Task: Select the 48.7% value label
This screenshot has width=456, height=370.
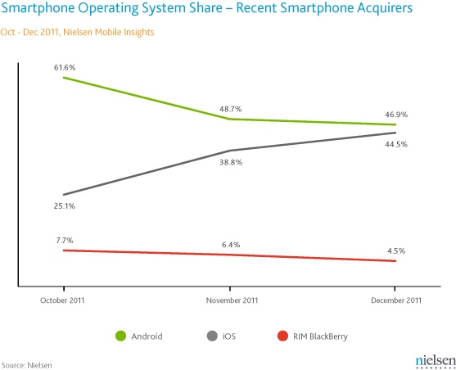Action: [x=229, y=109]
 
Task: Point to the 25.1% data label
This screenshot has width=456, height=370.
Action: [x=64, y=206]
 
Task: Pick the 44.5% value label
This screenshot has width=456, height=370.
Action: [x=396, y=144]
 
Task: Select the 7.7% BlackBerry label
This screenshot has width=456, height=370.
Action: [x=64, y=241]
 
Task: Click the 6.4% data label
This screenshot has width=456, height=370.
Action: [x=230, y=244]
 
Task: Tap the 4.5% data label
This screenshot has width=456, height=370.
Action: [x=396, y=251]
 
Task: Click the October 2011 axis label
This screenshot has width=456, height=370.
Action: [x=64, y=300]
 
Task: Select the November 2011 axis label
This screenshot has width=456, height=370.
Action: [x=230, y=300]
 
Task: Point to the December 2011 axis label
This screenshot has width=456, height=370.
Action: [x=396, y=300]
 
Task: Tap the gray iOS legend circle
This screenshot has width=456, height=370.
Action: [x=211, y=336]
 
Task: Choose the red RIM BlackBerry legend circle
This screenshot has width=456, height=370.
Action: [x=282, y=336]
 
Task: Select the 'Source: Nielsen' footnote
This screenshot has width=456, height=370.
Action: [x=26, y=363]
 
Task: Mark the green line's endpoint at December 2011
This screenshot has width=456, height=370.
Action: [x=396, y=124]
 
